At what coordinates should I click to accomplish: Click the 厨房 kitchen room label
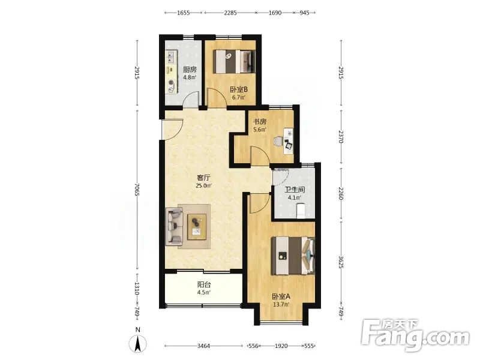point(190,70)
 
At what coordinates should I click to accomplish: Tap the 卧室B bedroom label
point(239,89)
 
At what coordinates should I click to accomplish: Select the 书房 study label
point(259,122)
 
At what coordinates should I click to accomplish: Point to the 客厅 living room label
point(203,178)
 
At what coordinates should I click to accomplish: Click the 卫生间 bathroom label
point(295,190)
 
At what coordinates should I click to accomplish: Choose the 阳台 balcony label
point(204,284)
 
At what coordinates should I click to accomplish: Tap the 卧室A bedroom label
point(281,296)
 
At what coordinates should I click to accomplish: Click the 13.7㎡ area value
point(281,304)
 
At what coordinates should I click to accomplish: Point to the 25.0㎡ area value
point(203,185)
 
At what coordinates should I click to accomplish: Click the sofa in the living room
point(174,227)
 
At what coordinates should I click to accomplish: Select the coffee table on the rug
point(197,227)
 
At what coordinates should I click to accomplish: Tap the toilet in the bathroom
point(301,211)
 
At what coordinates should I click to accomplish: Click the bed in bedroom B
point(235,62)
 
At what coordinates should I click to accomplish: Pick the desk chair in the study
point(278,142)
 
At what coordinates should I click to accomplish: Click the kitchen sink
point(171,57)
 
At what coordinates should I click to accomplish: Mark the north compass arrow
point(138,344)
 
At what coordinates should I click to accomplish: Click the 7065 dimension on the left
point(137,190)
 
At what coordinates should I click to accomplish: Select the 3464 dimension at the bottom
point(203,346)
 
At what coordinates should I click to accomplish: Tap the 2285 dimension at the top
point(230,13)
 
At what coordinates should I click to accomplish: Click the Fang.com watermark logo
point(415,335)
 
